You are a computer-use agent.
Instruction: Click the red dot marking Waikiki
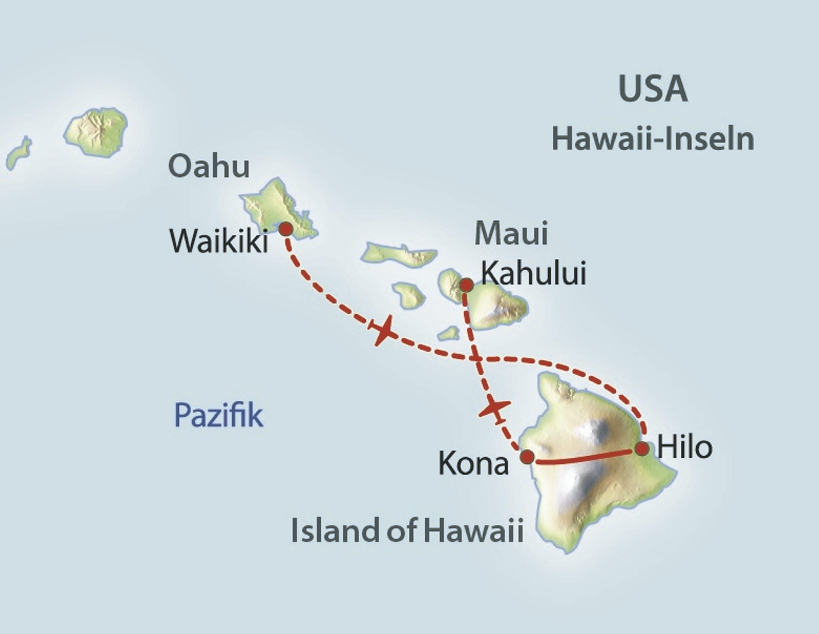[x=286, y=229]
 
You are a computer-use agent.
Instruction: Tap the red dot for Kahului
[x=466, y=285]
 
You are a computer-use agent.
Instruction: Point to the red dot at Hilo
[x=642, y=449]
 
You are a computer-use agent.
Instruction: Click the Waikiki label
[x=219, y=241]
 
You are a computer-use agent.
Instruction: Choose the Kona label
[x=473, y=464]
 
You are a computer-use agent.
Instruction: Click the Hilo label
[x=685, y=447]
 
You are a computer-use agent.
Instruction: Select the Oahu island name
[x=209, y=167]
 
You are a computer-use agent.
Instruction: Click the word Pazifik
[x=219, y=415]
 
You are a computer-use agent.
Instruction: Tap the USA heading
[x=653, y=89]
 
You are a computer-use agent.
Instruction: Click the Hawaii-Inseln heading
[x=653, y=139]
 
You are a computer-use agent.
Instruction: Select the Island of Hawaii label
[x=407, y=530]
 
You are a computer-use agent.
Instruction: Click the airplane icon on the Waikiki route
[x=383, y=330]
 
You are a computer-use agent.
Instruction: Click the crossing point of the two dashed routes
[x=476, y=359]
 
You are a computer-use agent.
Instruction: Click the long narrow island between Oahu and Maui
[x=398, y=254]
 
